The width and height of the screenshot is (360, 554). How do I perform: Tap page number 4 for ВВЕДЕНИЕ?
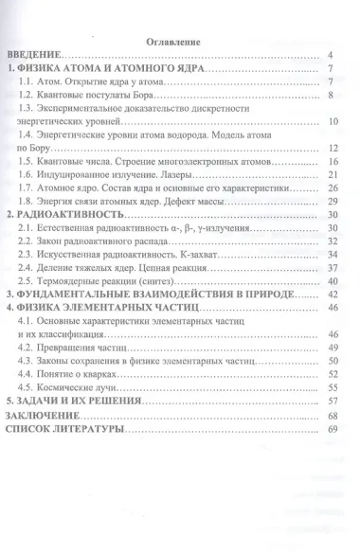click(329, 56)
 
